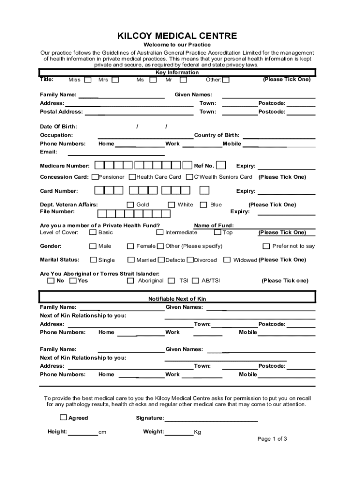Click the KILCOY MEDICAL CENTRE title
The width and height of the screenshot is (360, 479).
(x=177, y=36)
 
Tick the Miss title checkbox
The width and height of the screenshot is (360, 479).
(x=87, y=80)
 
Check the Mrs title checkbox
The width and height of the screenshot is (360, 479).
(x=115, y=80)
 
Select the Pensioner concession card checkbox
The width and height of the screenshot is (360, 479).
(x=95, y=177)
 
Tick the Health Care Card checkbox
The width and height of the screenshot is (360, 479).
(x=133, y=177)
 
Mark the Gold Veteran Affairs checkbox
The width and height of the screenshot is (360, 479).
(x=130, y=204)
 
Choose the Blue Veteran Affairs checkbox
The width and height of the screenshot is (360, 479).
(x=203, y=204)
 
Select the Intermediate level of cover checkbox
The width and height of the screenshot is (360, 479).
(x=160, y=232)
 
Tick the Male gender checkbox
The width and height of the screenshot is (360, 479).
(x=93, y=246)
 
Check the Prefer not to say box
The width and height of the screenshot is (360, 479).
(x=266, y=246)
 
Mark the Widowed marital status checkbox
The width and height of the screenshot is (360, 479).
(x=227, y=260)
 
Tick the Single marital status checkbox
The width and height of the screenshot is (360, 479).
(x=93, y=260)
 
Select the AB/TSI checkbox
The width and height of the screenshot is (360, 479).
(x=195, y=281)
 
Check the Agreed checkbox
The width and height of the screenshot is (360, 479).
(x=63, y=417)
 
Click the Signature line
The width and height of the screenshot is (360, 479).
(x=211, y=421)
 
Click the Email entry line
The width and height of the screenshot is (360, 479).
(x=116, y=154)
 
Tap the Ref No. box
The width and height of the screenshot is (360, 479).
(x=221, y=165)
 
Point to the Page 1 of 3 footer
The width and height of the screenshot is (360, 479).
(x=272, y=439)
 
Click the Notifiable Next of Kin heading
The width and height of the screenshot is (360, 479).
(x=177, y=298)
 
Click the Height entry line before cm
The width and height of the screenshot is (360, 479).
(x=83, y=435)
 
